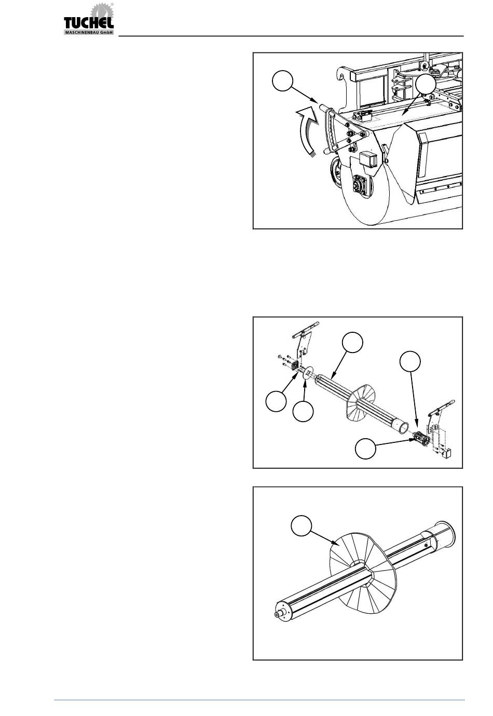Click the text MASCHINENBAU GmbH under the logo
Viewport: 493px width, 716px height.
(x=89, y=32)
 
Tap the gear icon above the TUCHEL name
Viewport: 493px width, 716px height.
(x=102, y=10)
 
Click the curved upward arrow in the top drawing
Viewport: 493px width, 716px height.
(x=307, y=131)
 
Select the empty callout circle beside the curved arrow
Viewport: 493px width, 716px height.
(x=282, y=81)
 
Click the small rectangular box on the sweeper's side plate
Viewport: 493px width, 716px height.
(x=368, y=159)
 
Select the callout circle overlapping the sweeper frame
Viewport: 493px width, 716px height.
(x=426, y=84)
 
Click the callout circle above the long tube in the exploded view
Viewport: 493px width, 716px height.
(x=352, y=342)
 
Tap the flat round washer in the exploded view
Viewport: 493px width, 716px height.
(x=307, y=373)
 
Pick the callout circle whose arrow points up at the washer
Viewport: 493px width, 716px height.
(x=303, y=411)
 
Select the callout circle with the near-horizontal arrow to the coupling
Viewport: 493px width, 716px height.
(x=365, y=449)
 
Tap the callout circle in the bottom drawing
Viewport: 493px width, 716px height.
(x=301, y=526)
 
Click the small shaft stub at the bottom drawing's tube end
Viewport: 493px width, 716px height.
(x=279, y=614)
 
